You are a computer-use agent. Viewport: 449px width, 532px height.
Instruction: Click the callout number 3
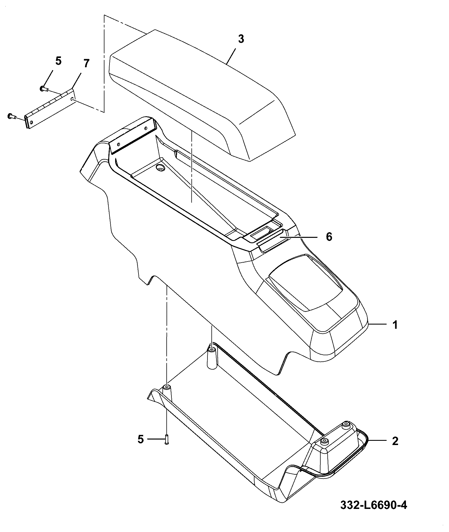click(241, 39)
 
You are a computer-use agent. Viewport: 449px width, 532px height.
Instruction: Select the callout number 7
click(86, 64)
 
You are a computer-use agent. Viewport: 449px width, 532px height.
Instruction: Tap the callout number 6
click(329, 237)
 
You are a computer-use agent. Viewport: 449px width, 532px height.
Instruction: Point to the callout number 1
click(395, 325)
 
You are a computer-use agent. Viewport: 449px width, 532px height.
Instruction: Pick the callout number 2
click(395, 441)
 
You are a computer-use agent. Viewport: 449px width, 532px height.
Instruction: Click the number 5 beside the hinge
click(58, 61)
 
